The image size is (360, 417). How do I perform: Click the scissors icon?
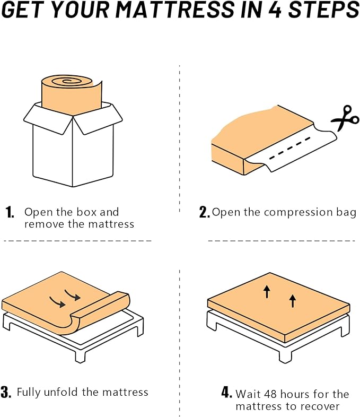(x=345, y=119)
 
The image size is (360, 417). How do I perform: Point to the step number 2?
(x=204, y=213)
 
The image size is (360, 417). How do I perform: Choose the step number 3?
(x=6, y=393)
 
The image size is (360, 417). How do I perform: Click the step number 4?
(x=226, y=393)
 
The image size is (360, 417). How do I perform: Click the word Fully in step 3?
(x=29, y=393)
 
